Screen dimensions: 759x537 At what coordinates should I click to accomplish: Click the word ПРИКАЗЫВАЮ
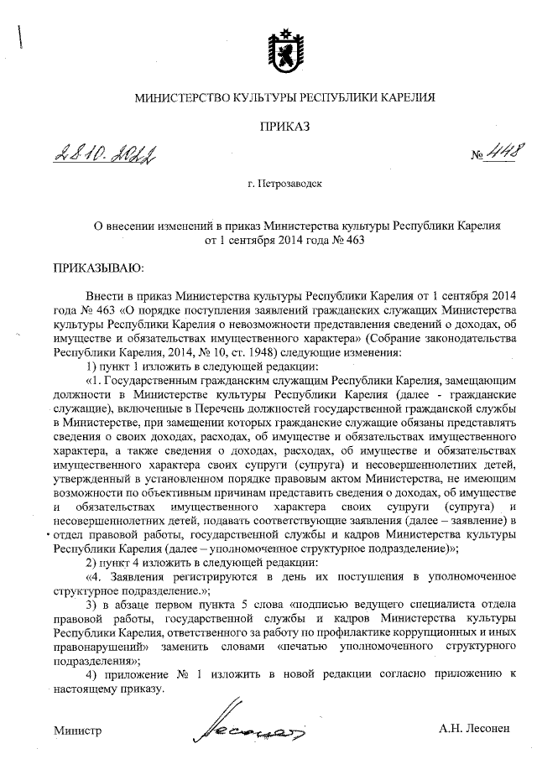[x=99, y=269]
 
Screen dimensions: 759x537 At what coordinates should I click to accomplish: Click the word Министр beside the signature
[x=77, y=730]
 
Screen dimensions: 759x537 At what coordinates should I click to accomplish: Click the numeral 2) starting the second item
[x=92, y=561]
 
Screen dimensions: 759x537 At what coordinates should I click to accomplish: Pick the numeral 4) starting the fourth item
[x=92, y=675]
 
